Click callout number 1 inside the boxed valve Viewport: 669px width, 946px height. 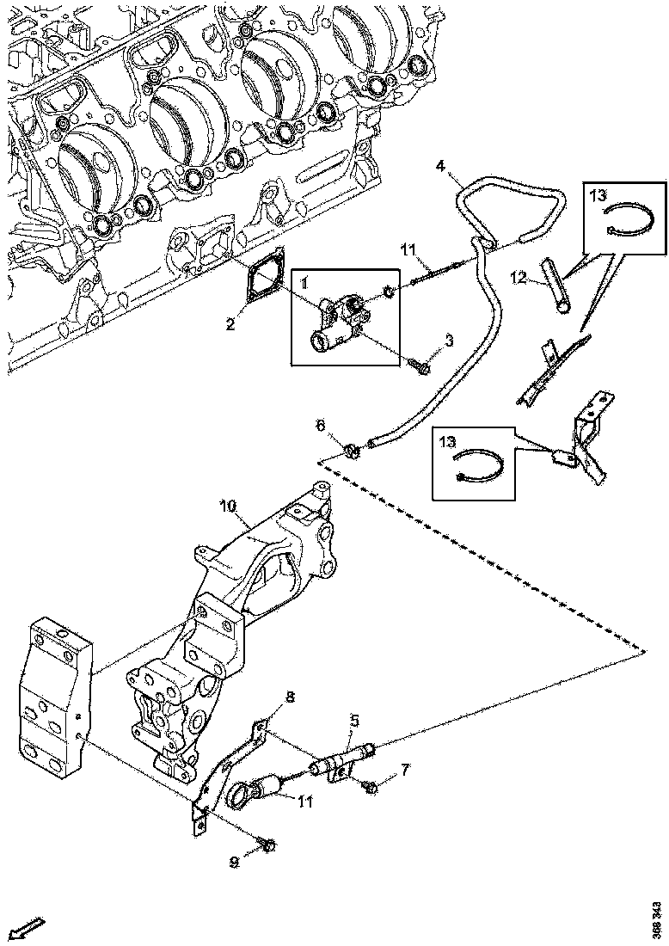[x=304, y=281]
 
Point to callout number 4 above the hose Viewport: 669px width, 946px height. [x=440, y=164]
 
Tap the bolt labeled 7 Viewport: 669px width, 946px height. [x=371, y=786]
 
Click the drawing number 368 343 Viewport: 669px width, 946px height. [x=657, y=919]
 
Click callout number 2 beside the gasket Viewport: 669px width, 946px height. [x=230, y=324]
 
